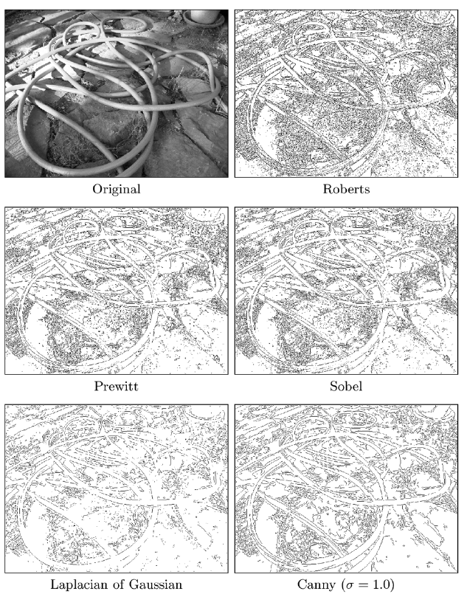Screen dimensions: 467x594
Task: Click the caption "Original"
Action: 117,189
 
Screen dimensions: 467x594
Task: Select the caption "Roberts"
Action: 346,189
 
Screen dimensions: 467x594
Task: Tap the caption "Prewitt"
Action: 116,386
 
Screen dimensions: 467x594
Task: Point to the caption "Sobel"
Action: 346,386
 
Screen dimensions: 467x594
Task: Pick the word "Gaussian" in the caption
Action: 155,584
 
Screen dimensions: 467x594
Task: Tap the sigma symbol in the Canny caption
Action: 347,585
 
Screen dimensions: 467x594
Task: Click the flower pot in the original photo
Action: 204,17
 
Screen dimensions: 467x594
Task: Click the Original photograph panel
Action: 117,94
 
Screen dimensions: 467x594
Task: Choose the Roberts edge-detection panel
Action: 346,94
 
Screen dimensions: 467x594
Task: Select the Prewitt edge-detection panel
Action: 117,291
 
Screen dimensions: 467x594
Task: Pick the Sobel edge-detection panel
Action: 346,291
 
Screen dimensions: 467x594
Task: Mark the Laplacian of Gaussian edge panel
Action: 117,488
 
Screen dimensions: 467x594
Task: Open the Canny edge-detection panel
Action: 346,488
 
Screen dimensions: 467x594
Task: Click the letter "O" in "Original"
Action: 97,189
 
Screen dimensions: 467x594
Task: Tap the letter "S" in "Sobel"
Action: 333,386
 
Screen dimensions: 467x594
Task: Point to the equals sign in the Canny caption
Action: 361,585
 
